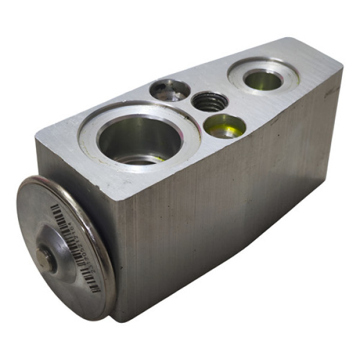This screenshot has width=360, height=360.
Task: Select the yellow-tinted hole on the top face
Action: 224,126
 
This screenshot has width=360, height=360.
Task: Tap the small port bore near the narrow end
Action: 263,80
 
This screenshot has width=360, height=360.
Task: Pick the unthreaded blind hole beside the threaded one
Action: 170,90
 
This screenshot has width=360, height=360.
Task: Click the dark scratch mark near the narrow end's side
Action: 329,93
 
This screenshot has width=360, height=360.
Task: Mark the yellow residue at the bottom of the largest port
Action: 150,159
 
